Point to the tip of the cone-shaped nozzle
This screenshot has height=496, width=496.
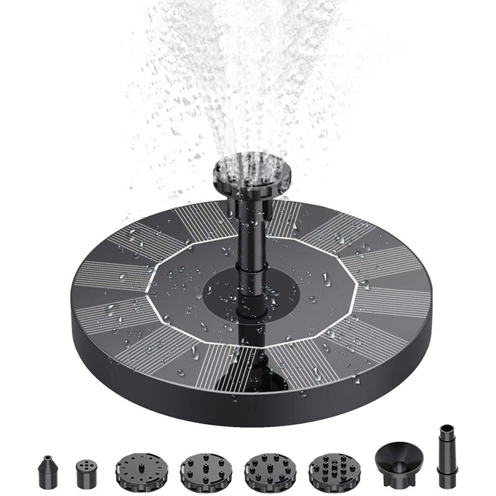click(x=48, y=458)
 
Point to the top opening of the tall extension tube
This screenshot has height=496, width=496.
click(x=446, y=428)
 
